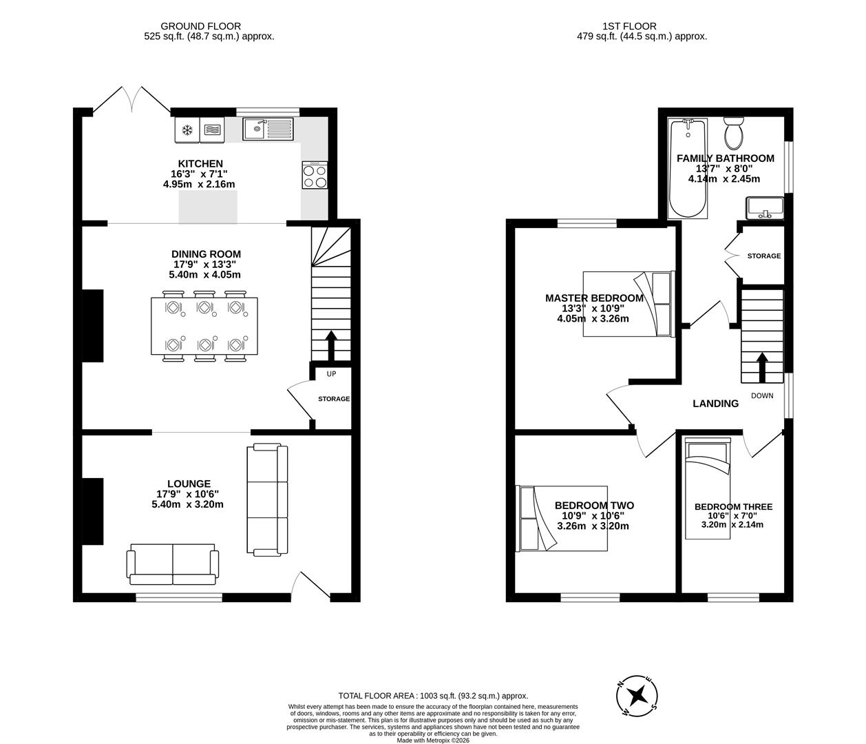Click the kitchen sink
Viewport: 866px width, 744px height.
tap(268, 129)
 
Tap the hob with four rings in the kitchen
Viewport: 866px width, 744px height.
tap(314, 176)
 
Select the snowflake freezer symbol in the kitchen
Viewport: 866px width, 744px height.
tap(186, 130)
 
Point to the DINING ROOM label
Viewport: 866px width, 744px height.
tap(207, 254)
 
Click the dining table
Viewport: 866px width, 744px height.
tap(205, 326)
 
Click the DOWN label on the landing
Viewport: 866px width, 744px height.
tap(762, 395)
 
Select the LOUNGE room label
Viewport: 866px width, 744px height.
tap(188, 484)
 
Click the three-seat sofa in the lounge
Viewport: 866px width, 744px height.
tap(267, 500)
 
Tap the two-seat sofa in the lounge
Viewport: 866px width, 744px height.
tap(173, 562)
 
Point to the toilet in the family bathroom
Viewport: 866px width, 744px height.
tap(733, 133)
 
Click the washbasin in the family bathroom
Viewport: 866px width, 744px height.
tap(765, 207)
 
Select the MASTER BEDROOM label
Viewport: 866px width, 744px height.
tap(594, 298)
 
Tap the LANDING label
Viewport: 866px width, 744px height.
tap(715, 404)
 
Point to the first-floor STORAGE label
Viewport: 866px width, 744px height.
tap(764, 256)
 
